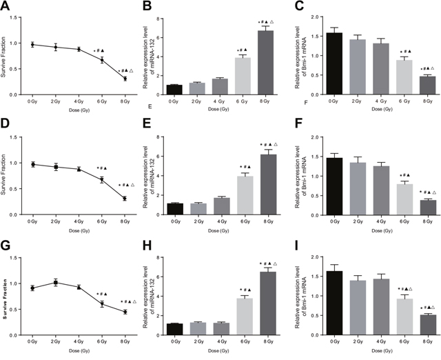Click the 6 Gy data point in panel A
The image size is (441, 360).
102,60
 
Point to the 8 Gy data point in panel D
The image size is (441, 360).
125,199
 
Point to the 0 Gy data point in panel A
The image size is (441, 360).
32,44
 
